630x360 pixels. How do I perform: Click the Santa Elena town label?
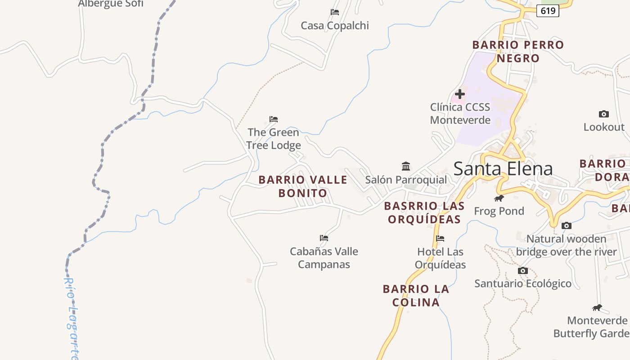click(503, 169)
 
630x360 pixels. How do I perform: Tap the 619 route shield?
click(548, 11)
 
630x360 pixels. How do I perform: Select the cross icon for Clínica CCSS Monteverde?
click(459, 94)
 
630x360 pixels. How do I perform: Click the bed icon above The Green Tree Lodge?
click(274, 119)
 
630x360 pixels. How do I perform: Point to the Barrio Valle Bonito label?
click(303, 186)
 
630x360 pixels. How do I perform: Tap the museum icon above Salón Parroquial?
click(406, 166)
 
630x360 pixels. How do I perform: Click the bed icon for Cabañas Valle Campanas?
click(324, 238)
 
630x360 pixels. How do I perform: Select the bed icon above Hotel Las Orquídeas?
click(440, 238)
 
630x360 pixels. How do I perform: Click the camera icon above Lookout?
click(604, 114)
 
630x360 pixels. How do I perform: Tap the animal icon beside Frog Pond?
click(499, 198)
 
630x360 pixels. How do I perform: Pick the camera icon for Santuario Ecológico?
click(522, 271)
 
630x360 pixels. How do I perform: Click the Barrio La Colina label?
click(416, 295)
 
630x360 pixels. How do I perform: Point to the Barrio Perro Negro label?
click(518, 51)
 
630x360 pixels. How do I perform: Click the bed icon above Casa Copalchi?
click(335, 12)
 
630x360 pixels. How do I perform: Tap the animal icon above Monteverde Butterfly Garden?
click(597, 308)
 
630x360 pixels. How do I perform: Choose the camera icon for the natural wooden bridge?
click(567, 226)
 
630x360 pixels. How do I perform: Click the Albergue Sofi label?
click(111, 4)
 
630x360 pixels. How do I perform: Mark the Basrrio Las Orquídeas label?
click(424, 212)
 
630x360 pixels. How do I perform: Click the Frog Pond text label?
click(499, 211)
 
